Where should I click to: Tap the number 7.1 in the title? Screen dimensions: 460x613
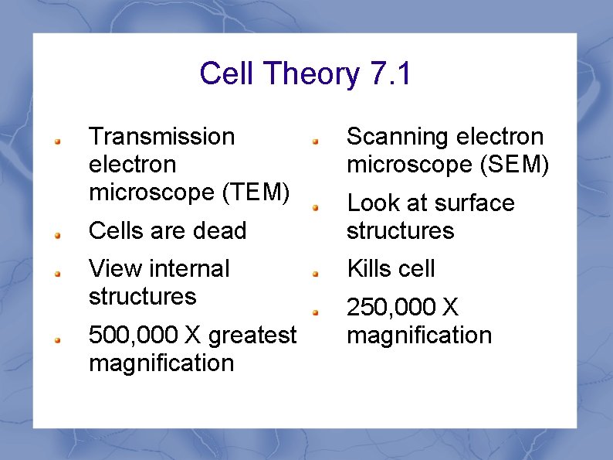391,74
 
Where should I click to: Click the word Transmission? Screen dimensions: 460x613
162,137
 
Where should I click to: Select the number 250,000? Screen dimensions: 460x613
391,308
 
